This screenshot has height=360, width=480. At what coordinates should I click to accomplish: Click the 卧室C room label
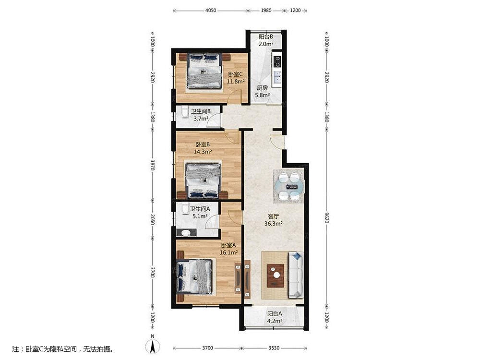(x=235, y=74)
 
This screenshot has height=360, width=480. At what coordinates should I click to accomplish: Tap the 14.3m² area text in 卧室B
(x=203, y=151)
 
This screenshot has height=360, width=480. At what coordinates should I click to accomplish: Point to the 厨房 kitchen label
(x=262, y=87)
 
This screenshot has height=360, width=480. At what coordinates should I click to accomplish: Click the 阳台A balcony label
(x=274, y=314)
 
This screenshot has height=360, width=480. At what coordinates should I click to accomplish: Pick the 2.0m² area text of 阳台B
(x=266, y=44)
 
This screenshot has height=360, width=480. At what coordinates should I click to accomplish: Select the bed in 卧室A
(x=195, y=276)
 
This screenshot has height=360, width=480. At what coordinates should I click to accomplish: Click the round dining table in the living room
(x=289, y=186)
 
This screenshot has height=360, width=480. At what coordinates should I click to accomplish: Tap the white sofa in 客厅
(x=295, y=275)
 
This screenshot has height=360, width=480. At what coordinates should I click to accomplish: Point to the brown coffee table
(x=276, y=276)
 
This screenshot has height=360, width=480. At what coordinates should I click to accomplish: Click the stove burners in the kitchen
(x=277, y=61)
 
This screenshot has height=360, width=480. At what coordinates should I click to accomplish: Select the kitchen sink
(x=277, y=77)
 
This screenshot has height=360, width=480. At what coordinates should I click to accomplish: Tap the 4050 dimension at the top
(x=211, y=11)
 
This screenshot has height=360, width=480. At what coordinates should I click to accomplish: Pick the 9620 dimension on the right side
(x=326, y=217)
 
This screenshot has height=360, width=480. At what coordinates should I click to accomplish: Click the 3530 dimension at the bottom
(x=274, y=348)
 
